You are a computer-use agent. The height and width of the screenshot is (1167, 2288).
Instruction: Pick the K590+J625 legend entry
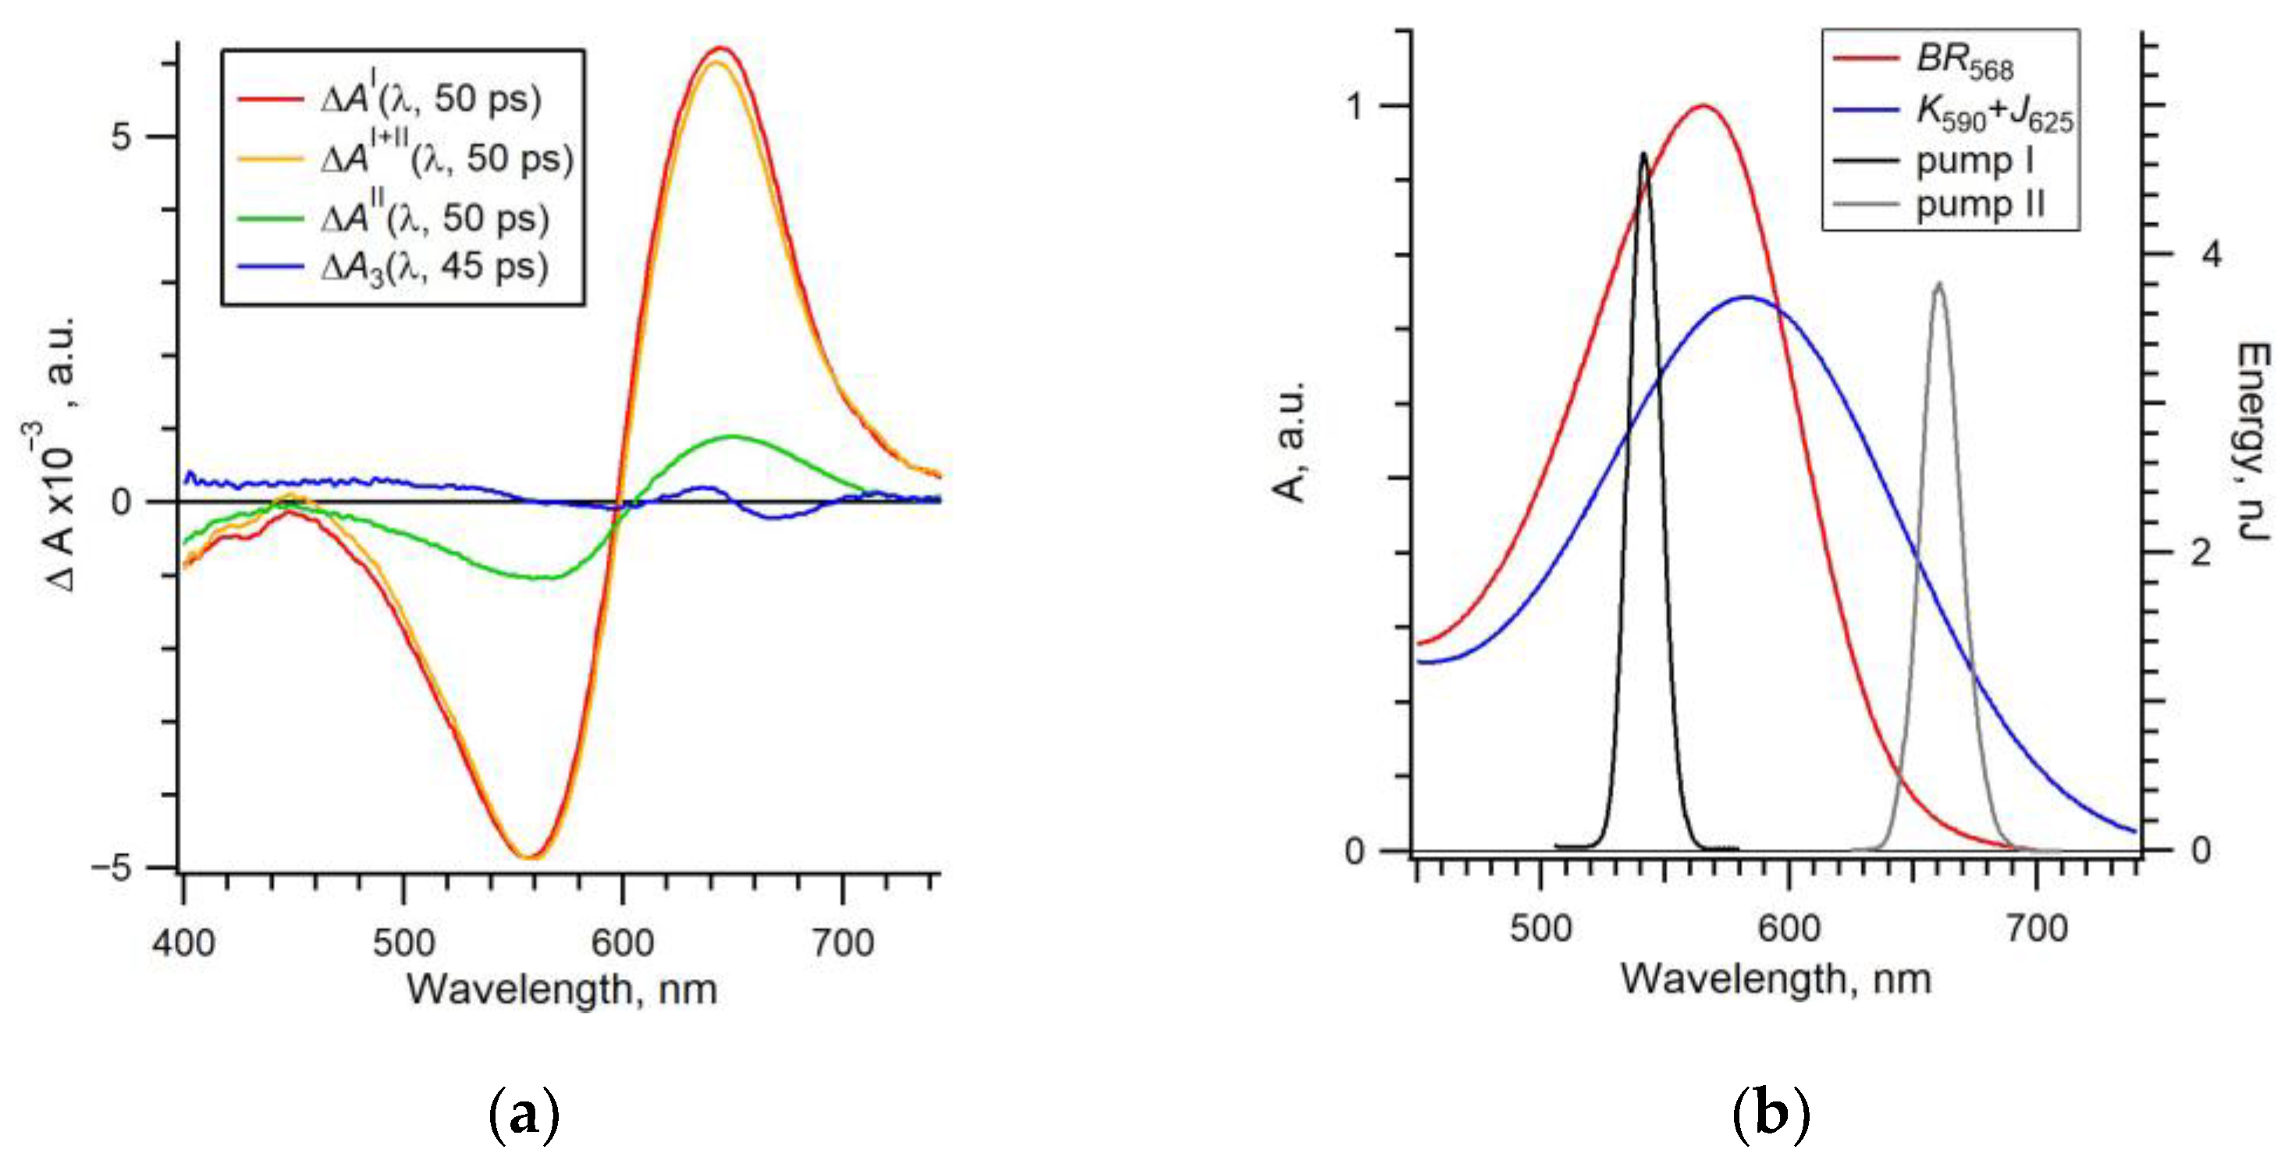click(x=1994, y=113)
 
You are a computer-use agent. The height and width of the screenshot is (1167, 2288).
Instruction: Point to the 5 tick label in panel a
click(x=122, y=136)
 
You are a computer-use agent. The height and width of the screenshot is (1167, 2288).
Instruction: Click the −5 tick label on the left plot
click(x=111, y=867)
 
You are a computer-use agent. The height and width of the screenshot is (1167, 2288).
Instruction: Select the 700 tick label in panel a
click(x=842, y=942)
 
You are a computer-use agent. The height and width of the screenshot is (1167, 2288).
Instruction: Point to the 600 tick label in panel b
click(x=1788, y=929)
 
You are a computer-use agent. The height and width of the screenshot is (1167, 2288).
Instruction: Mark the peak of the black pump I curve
click(x=1643, y=154)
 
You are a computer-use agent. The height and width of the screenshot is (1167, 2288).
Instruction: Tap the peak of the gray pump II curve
click(x=1938, y=284)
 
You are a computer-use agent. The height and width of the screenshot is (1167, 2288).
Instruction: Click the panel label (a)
click(x=524, y=1114)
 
